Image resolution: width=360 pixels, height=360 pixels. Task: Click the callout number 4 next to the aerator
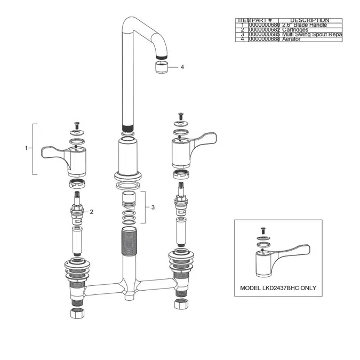coord(182,67)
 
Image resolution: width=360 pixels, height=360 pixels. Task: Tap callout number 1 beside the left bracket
coord(26,148)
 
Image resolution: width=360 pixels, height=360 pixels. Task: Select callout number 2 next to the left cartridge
coord(92,212)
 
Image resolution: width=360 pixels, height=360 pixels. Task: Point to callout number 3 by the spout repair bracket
coord(153,207)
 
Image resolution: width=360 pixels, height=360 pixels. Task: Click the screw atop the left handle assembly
coord(77,124)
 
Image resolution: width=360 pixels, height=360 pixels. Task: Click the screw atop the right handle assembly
coord(180,115)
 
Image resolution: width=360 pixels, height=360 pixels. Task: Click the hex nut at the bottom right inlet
coord(180,305)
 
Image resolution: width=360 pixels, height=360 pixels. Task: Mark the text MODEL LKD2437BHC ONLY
coord(278,288)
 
